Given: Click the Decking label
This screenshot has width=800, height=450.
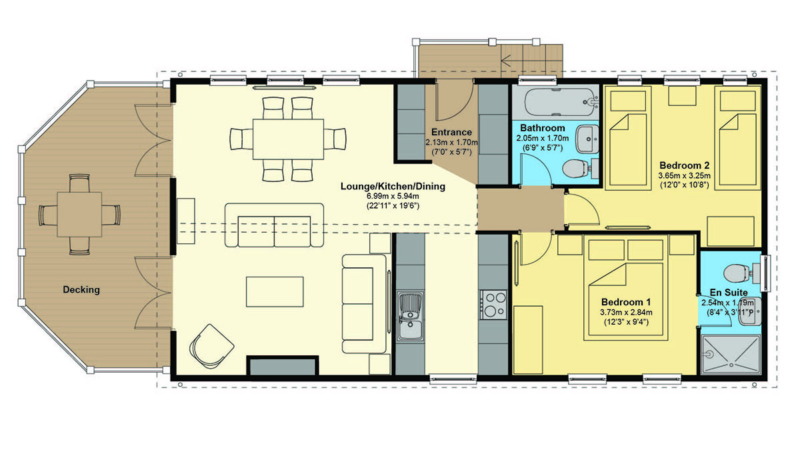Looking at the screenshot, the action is (81, 289).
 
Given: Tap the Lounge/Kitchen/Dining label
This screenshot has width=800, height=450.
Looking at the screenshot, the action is (393, 186).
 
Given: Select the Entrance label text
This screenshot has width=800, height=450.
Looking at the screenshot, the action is (451, 132).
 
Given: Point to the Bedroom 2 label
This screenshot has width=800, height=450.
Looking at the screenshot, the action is (684, 165).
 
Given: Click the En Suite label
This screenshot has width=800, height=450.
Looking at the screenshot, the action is (729, 293).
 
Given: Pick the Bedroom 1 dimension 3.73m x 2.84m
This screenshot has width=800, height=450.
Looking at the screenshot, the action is (626, 312).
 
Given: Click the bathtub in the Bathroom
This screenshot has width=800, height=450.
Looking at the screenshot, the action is (560, 102).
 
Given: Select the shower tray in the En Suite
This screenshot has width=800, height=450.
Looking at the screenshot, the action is (731, 355).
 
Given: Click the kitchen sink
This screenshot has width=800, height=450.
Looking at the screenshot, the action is (411, 317).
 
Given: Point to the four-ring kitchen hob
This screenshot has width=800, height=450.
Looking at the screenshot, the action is (493, 305).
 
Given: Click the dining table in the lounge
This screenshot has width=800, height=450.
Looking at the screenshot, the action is (288, 139).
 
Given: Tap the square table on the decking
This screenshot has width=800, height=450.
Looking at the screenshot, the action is (79, 214).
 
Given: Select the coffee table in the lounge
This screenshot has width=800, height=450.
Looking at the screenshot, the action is (275, 292).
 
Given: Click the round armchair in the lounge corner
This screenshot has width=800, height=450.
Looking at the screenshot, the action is (212, 347).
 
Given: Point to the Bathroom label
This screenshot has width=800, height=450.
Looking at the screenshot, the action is (543, 128).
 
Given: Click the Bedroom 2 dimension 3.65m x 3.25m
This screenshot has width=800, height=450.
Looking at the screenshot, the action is (684, 176).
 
